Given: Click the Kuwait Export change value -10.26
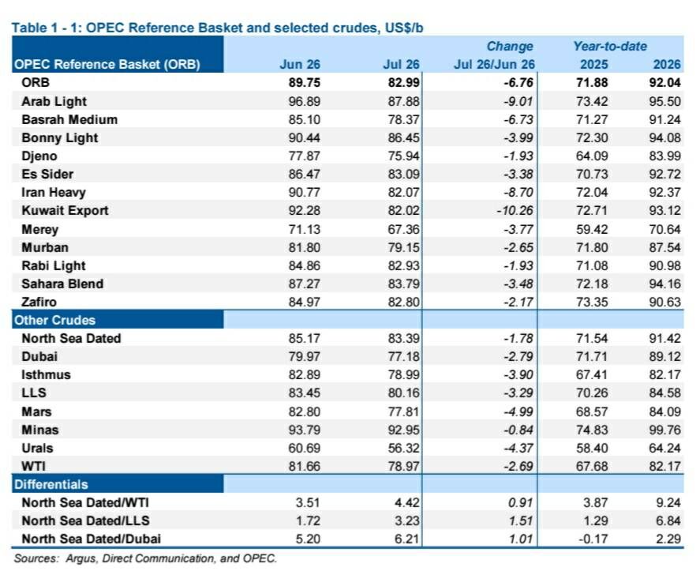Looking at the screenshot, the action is [x=515, y=210].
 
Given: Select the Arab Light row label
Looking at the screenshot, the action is [x=54, y=101].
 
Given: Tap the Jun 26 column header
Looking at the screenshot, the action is [x=300, y=64].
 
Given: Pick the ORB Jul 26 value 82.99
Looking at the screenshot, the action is [x=403, y=83].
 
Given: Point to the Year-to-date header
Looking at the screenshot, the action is [x=610, y=46].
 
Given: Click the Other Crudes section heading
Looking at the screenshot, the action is [x=55, y=321].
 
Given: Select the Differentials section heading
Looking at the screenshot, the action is [x=51, y=484].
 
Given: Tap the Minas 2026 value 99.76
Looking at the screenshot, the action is [x=664, y=430].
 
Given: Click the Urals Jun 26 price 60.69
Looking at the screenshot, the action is [x=304, y=448].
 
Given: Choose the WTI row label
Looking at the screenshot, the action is [x=33, y=466].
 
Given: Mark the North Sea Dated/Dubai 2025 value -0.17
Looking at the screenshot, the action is [x=593, y=539].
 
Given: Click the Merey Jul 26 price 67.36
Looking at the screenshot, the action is [x=403, y=229].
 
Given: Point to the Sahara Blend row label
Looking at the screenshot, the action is [x=62, y=284].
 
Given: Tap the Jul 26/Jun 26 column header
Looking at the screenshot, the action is [x=494, y=64].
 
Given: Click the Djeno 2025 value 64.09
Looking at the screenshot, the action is [x=592, y=156].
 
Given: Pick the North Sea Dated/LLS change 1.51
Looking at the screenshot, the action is [x=521, y=521].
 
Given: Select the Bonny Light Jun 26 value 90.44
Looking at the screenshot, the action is [x=304, y=137].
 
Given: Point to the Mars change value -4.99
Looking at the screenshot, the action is [x=518, y=412].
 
